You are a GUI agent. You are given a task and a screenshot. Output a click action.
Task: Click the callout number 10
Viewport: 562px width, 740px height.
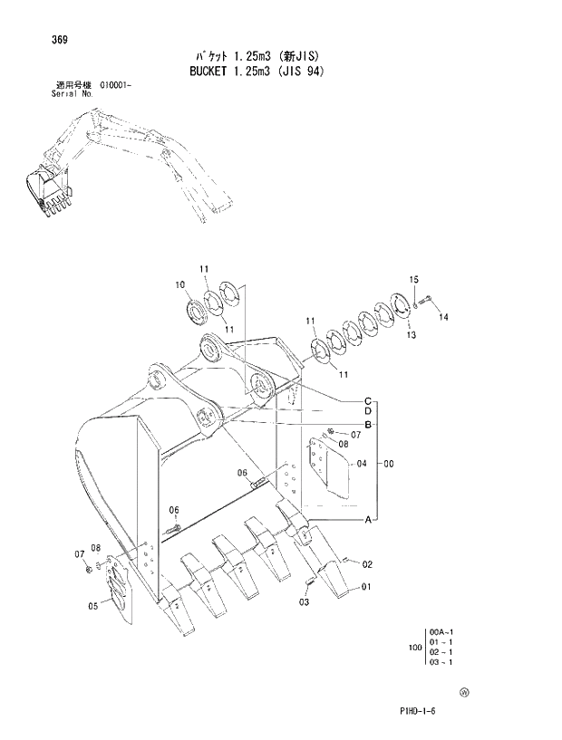(179, 285)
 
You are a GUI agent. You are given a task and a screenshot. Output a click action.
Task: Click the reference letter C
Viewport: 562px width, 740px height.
(369, 401)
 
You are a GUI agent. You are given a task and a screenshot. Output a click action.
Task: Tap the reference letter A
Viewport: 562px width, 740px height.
(369, 519)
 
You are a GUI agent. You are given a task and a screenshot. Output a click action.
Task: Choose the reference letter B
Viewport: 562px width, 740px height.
(369, 425)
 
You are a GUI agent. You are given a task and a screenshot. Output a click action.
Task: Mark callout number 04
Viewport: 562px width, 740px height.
(361, 463)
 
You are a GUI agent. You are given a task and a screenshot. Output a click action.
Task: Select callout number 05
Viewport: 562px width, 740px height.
(93, 607)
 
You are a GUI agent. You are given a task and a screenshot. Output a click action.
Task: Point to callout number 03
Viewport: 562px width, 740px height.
(305, 602)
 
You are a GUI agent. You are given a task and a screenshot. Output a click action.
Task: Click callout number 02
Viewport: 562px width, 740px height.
(367, 565)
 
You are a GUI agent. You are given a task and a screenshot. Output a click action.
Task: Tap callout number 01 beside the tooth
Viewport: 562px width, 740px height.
(367, 587)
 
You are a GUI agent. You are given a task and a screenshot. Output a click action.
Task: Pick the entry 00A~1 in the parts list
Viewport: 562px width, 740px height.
(441, 631)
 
